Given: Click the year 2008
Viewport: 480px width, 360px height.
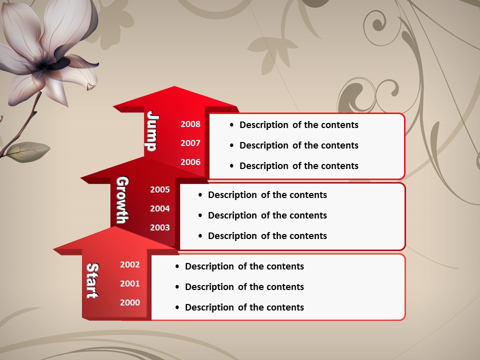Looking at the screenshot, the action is click(x=190, y=124).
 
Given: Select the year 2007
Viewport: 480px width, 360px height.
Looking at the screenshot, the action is click(x=190, y=143).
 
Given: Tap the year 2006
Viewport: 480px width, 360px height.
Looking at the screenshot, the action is click(x=190, y=162).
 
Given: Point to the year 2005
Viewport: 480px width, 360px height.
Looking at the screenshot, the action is click(x=160, y=189).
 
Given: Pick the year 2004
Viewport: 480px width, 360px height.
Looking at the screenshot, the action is click(x=160, y=208).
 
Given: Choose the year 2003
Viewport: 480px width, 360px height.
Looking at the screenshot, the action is click(x=160, y=227).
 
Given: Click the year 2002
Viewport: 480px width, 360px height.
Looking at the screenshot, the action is click(x=130, y=264).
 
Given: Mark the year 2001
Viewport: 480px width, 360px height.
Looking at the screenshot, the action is click(x=130, y=283).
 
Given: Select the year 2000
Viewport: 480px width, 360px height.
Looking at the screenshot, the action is click(x=130, y=302).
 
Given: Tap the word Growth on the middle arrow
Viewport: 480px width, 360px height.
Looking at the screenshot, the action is click(x=122, y=200).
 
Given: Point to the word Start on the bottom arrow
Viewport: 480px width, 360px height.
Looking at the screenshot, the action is click(x=92, y=280).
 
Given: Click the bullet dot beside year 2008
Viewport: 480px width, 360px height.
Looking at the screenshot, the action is click(x=231, y=125).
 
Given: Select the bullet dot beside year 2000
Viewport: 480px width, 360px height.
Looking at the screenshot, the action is click(x=177, y=307).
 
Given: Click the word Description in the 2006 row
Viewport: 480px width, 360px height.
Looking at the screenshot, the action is click(x=264, y=166).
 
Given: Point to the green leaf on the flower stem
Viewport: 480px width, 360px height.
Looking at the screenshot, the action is click(x=27, y=152).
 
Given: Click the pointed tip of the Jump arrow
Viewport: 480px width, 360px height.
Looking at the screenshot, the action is click(x=175, y=86).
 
